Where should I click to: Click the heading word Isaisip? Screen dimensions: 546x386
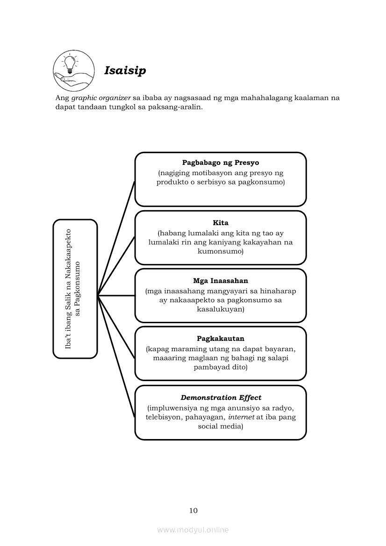coord(125,71)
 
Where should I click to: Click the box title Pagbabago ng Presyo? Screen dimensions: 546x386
coord(221,163)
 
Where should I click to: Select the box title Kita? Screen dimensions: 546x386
coord(221,223)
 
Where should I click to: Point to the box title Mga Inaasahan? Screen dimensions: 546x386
coord(221,281)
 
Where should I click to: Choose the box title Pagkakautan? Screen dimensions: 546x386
coord(221,339)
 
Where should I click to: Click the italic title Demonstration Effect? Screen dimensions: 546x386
coord(221,397)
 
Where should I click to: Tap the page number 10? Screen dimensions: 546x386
coord(193,511)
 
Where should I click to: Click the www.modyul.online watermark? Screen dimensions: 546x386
coord(193,530)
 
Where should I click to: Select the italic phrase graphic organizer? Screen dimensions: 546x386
coord(100,98)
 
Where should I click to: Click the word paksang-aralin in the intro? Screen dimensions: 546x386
coord(178,107)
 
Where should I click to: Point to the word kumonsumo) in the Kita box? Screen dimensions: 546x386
coord(221,251)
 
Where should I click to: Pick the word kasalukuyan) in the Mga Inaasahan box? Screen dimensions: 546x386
coord(221,309)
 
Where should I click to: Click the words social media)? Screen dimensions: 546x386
coord(221,426)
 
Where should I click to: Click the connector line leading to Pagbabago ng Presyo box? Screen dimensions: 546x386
coord(116,238)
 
